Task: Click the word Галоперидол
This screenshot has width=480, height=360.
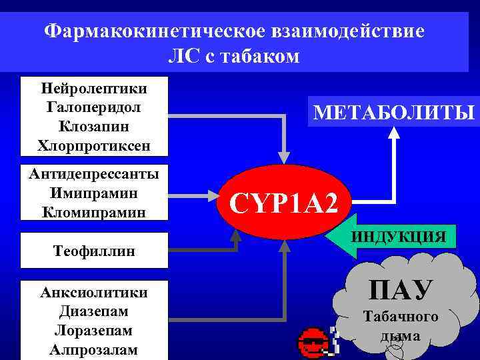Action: [x=94, y=107]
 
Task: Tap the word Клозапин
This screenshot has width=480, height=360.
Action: [x=94, y=125]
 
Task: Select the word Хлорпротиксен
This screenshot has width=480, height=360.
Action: [x=94, y=145]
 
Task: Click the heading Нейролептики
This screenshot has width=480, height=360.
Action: [x=94, y=88]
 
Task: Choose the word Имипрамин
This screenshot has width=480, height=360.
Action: [x=94, y=193]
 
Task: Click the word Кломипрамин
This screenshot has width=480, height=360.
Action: [x=94, y=212]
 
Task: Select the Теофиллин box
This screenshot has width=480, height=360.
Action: [x=94, y=251]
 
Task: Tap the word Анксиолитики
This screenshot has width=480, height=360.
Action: [x=94, y=292]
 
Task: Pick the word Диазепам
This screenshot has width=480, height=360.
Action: [x=94, y=311]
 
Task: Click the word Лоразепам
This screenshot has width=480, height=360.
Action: [x=94, y=331]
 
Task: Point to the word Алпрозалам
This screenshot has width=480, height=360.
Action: [x=94, y=350]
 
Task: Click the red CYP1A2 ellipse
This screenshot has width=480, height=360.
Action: [x=285, y=201]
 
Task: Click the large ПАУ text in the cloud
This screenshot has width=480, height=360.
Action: [x=401, y=289]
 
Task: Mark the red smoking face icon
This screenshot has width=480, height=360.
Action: [x=312, y=342]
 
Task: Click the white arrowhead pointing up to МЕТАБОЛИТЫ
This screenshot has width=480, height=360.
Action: [x=394, y=133]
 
